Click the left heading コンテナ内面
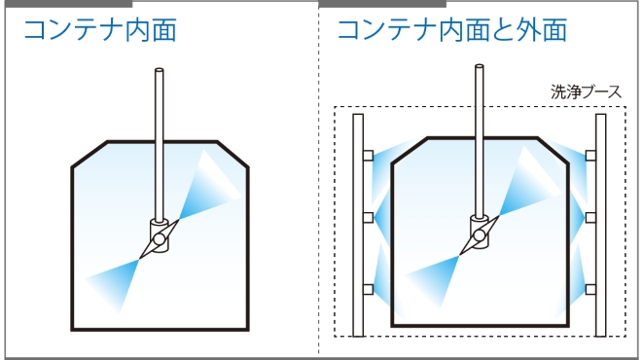click(x=99, y=30)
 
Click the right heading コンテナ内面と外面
click(x=451, y=30)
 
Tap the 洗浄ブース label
click(x=587, y=93)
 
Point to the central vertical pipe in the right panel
click(x=479, y=136)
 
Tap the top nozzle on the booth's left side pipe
click(x=368, y=155)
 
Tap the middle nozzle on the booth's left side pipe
click(x=368, y=217)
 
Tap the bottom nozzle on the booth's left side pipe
click(x=368, y=289)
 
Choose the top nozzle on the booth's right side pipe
click(x=590, y=155)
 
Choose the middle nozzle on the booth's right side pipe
click(x=590, y=217)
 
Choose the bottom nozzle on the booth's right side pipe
click(x=590, y=289)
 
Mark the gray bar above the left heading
click(x=68, y=4)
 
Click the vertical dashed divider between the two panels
click(x=318, y=195)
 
